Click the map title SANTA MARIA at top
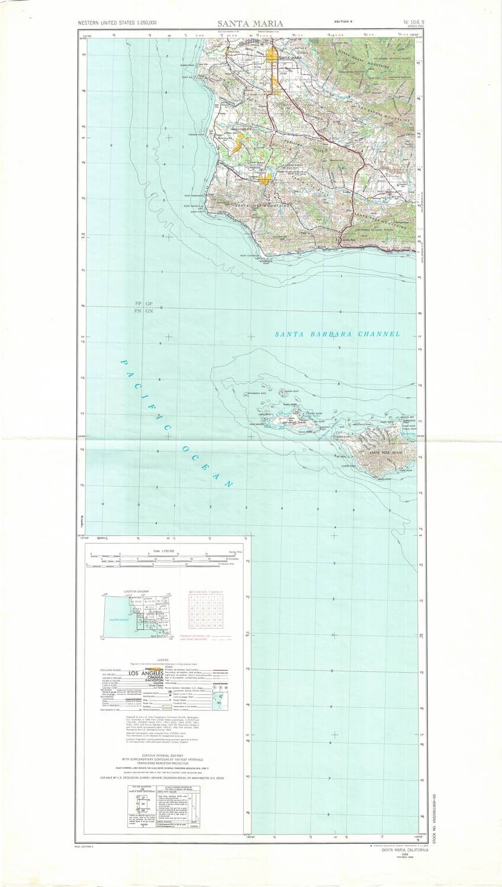[250, 23]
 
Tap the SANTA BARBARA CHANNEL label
[337, 334]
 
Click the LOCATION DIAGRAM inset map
[138, 616]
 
